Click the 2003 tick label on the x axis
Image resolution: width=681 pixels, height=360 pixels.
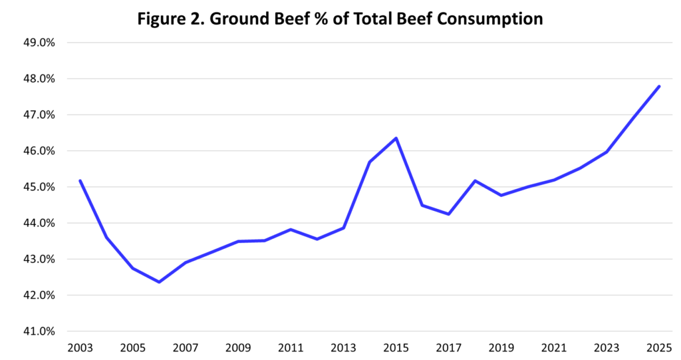click(80, 347)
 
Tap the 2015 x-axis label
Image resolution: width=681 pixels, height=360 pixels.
click(396, 347)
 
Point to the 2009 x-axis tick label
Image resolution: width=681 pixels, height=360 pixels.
click(238, 347)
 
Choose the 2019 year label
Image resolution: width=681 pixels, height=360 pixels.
click(501, 347)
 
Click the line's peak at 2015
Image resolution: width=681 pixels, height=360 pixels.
click(396, 138)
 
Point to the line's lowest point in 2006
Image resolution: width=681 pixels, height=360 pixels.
click(160, 282)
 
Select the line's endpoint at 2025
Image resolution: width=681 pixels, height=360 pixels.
click(659, 87)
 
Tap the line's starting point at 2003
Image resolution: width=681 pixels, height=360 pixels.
click(80, 180)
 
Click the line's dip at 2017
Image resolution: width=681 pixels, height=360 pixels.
click(449, 214)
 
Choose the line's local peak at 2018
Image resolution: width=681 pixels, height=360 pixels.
click(475, 180)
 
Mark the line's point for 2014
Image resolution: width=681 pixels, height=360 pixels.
click(370, 162)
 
